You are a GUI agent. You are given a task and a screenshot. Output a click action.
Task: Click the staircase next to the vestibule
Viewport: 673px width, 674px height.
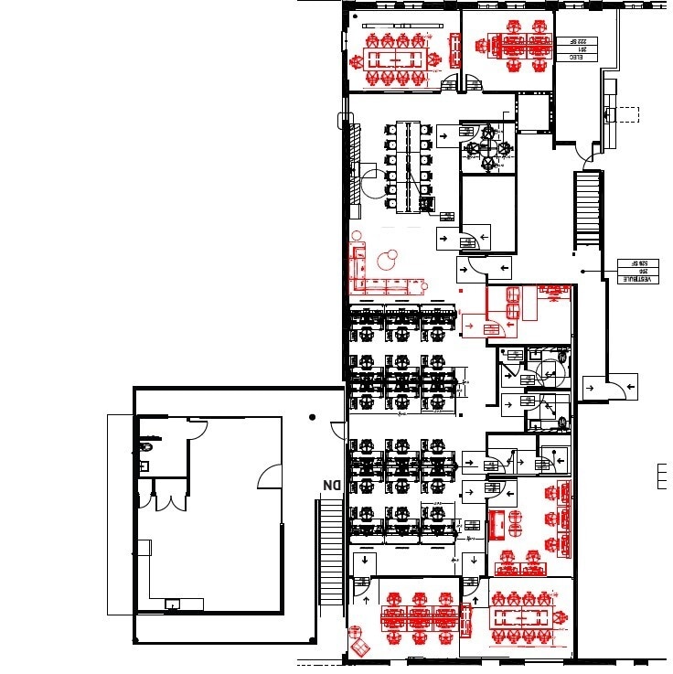point(586,209)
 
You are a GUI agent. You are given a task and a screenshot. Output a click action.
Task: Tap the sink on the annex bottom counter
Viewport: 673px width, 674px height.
point(171,604)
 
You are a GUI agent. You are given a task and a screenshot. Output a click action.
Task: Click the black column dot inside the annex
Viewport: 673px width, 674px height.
point(313,417)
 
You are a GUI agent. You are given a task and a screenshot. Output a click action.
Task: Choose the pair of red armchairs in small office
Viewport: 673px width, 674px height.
point(513,302)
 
